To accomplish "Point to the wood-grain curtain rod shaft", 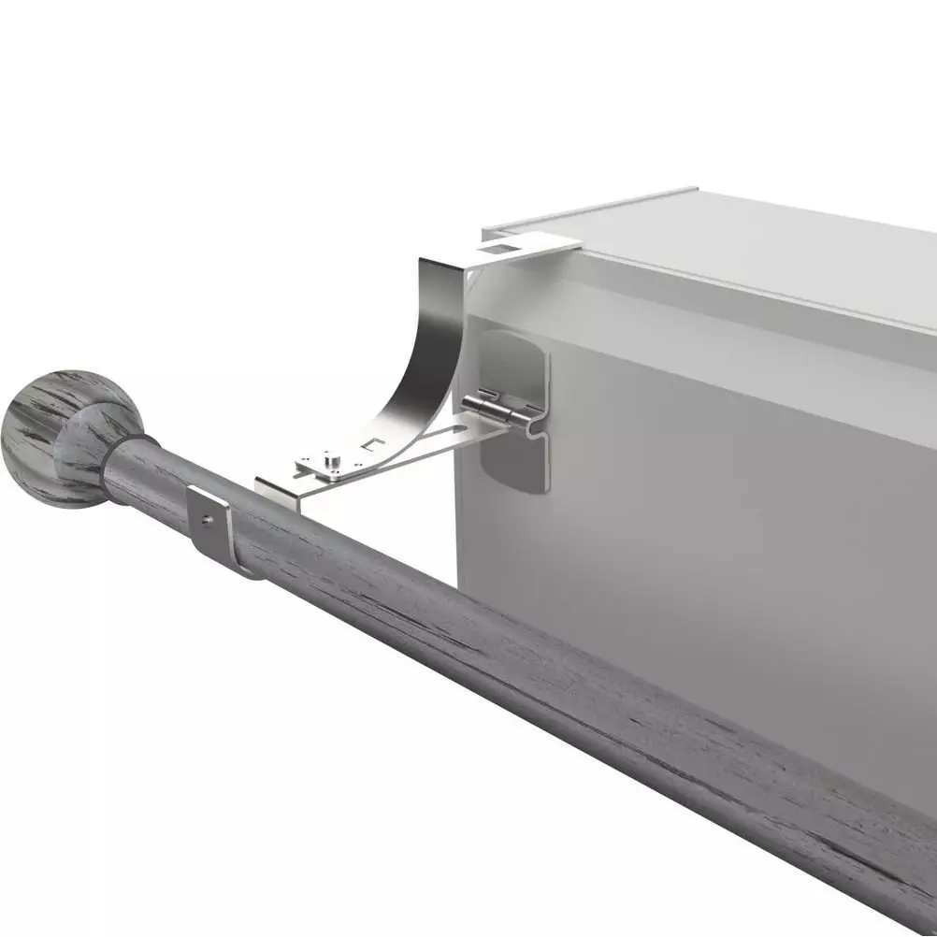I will pyautogui.click(x=561, y=673).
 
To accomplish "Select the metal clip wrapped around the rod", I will pyautogui.click(x=220, y=533).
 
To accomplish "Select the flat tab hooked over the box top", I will pyautogui.click(x=528, y=247).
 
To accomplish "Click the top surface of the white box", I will pyautogui.click(x=748, y=243).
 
